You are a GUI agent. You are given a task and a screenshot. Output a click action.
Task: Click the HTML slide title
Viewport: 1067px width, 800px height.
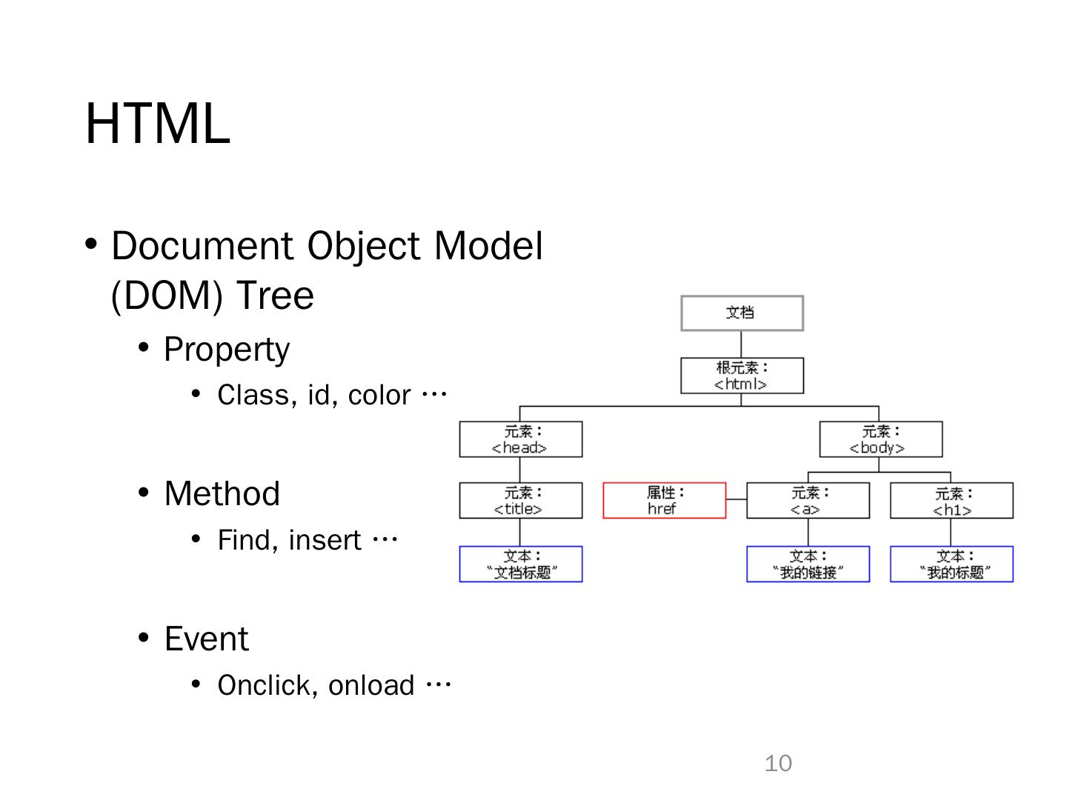158,123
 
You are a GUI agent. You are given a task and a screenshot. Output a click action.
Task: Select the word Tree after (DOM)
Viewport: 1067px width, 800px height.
275,296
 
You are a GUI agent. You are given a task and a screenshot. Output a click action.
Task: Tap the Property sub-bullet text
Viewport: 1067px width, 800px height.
226,350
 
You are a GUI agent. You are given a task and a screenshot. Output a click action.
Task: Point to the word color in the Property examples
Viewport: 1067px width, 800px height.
379,396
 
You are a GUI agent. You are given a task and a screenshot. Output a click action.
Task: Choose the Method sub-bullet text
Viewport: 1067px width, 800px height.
222,494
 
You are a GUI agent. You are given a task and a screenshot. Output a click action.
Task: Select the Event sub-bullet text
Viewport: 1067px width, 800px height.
206,639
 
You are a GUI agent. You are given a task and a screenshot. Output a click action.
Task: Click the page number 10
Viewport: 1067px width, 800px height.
778,763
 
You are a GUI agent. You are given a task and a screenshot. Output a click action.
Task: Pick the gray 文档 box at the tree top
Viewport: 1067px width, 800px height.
742,313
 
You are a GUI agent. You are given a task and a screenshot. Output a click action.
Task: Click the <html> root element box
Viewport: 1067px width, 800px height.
742,376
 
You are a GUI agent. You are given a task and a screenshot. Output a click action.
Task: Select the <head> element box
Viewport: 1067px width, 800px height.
520,439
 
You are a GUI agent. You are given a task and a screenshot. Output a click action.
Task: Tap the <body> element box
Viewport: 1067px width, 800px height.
880,439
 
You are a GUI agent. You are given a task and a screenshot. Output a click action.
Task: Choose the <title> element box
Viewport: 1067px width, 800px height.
520,501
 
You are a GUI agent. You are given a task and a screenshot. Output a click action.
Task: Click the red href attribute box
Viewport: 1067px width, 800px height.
664,501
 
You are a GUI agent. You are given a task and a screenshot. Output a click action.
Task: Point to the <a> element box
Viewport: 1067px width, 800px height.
808,501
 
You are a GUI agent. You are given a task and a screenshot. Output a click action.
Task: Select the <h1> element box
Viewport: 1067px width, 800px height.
951,501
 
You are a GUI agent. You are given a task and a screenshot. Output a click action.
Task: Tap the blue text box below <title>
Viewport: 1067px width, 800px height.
520,564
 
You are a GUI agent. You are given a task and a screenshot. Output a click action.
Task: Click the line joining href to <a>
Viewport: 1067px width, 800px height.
737,500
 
